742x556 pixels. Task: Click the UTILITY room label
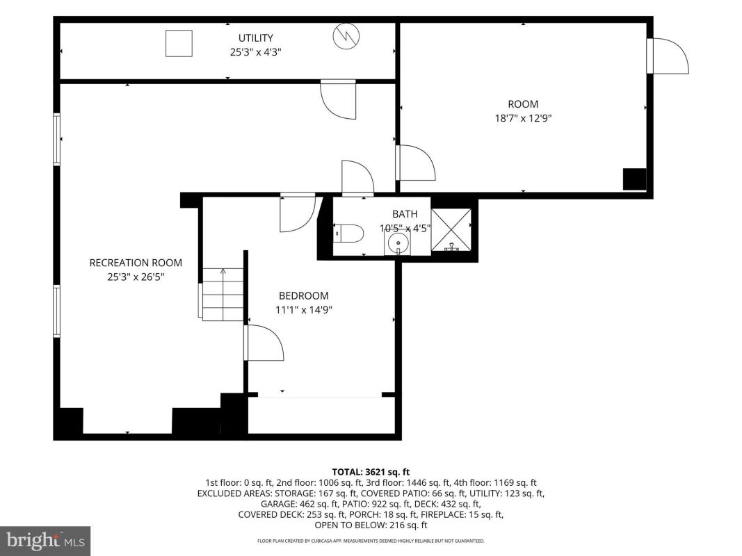coord(255,38)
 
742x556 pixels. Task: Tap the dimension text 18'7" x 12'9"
coord(524,118)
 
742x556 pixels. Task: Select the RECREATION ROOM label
coord(136,263)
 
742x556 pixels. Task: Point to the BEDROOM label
coord(303,296)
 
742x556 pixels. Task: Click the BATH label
coord(405,214)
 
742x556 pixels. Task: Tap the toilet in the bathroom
coord(348,234)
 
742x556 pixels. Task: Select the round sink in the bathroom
coord(398,244)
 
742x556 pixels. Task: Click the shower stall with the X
coord(451,230)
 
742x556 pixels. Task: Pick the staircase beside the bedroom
coord(223,295)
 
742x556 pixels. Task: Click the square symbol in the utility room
coord(179,44)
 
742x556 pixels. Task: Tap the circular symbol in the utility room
coord(346,36)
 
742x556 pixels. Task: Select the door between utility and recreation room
coord(338,99)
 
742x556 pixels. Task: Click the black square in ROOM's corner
coord(635,179)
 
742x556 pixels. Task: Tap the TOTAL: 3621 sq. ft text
coord(371,472)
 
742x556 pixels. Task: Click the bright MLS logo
coord(45,541)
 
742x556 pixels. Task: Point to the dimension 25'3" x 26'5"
coord(136,277)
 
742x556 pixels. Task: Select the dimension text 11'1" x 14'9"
coord(304,310)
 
